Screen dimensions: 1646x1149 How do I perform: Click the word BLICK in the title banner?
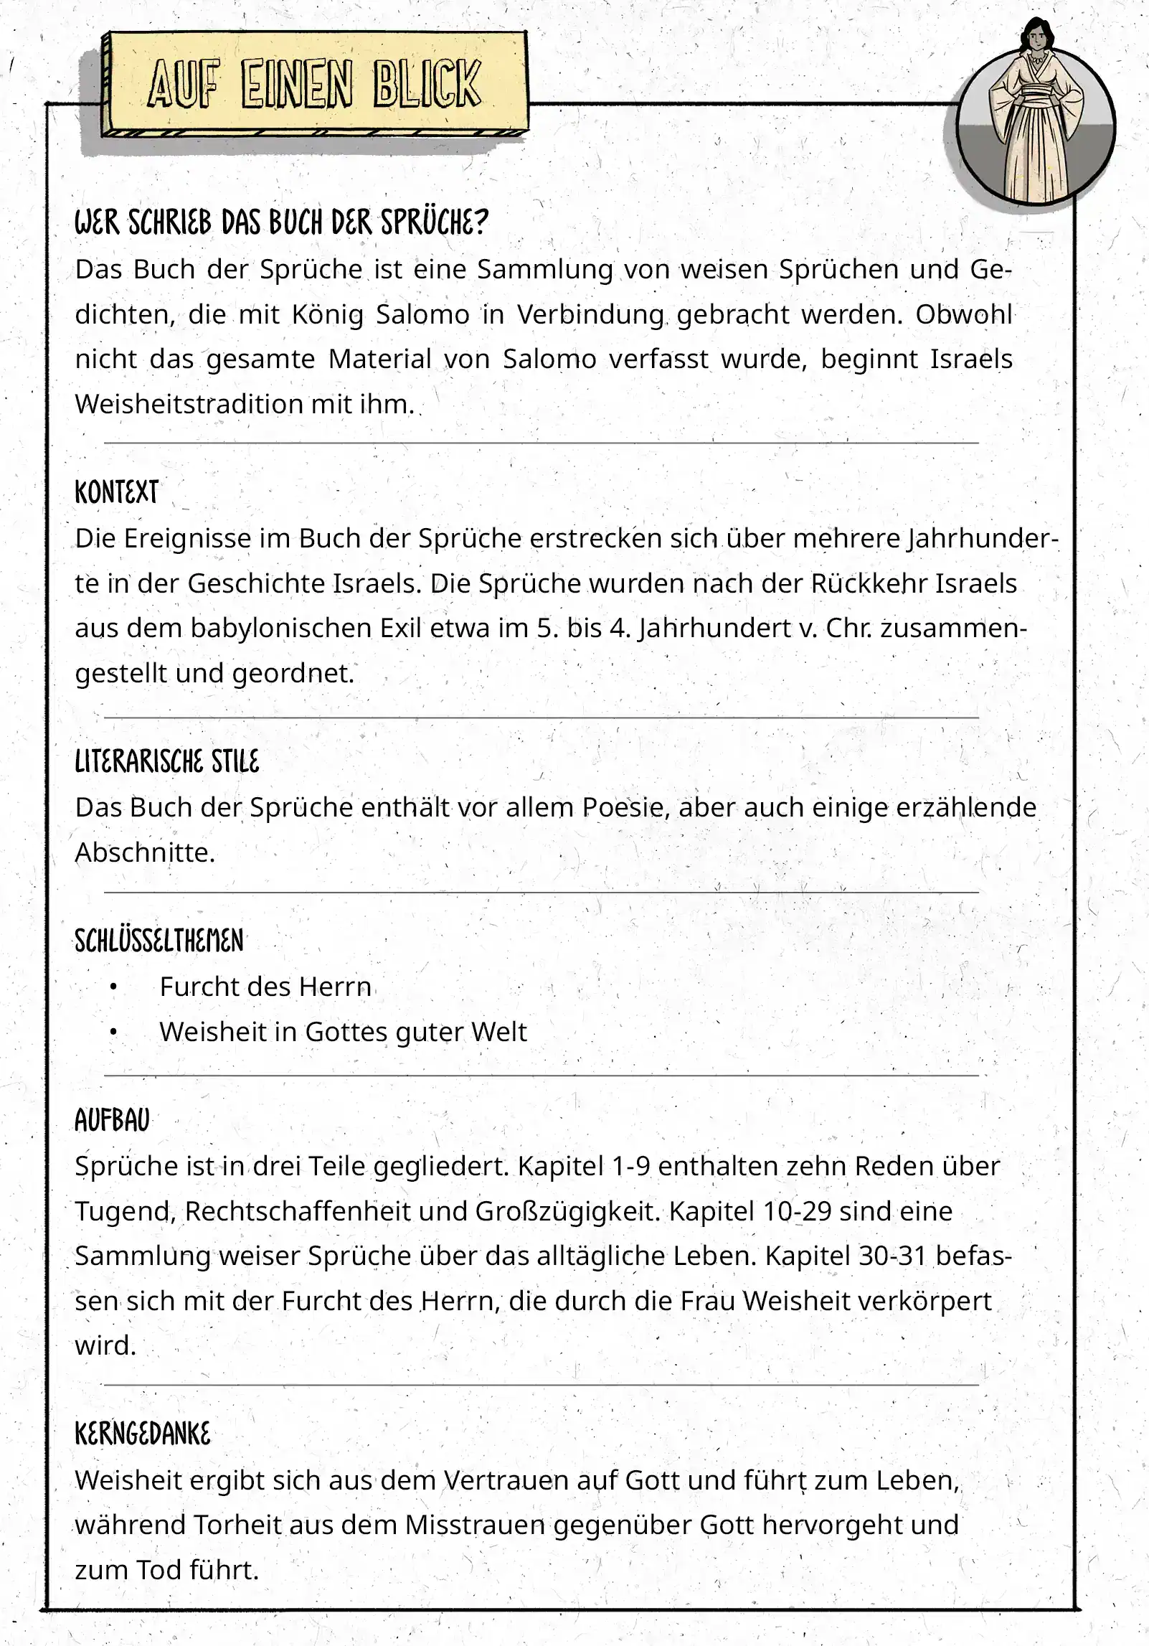[427, 85]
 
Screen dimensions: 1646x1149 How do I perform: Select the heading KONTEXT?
[116, 492]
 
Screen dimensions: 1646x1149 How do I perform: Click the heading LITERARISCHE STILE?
[166, 761]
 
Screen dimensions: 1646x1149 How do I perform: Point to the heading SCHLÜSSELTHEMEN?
[159, 941]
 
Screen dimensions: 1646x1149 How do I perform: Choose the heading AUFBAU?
[112, 1120]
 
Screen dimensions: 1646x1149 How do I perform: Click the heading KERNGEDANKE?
[142, 1434]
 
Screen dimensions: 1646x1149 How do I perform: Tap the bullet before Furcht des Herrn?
[113, 987]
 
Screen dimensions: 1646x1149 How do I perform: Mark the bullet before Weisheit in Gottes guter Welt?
[113, 1033]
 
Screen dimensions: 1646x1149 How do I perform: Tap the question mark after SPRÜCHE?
[481, 223]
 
